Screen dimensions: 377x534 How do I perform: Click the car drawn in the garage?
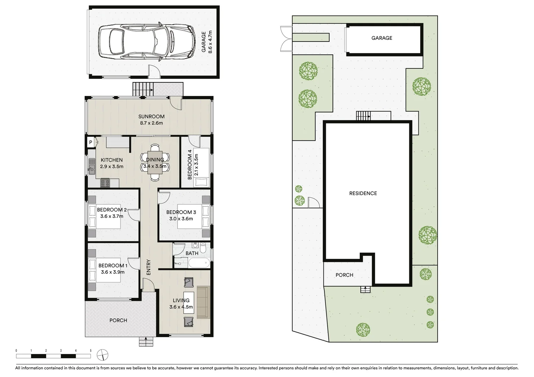pos(146,41)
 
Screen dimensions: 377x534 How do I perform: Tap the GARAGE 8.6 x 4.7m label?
pos(207,42)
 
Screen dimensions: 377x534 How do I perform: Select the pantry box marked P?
pos(90,142)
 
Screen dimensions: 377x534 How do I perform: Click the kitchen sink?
pos(92,166)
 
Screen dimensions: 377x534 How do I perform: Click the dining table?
pos(155,163)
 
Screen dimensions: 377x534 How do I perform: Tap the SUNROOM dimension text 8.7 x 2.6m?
pos(151,123)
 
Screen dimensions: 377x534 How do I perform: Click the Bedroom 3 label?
pos(181,212)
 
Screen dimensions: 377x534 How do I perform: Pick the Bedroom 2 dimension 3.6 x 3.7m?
pos(112,216)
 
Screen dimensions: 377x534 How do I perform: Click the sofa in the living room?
pos(202,302)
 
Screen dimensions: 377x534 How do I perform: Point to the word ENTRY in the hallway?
pos(148,267)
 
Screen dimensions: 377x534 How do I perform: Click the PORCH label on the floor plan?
pos(118,320)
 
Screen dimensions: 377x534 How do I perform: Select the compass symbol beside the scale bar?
pos(102,355)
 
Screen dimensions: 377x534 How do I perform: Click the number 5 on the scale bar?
pos(90,350)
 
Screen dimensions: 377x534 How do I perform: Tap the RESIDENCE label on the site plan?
pos(363,193)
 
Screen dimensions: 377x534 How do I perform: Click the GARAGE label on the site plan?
pos(381,38)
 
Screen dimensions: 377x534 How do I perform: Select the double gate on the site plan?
pos(286,39)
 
